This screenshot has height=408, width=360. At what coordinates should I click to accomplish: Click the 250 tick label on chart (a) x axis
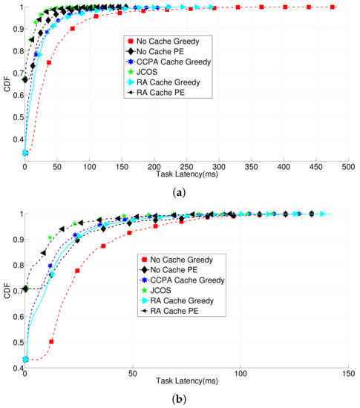(x=186, y=168)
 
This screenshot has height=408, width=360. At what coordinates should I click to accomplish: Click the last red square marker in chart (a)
(x=333, y=7)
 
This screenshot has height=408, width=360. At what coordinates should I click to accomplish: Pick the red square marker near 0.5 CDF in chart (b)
(x=52, y=342)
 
